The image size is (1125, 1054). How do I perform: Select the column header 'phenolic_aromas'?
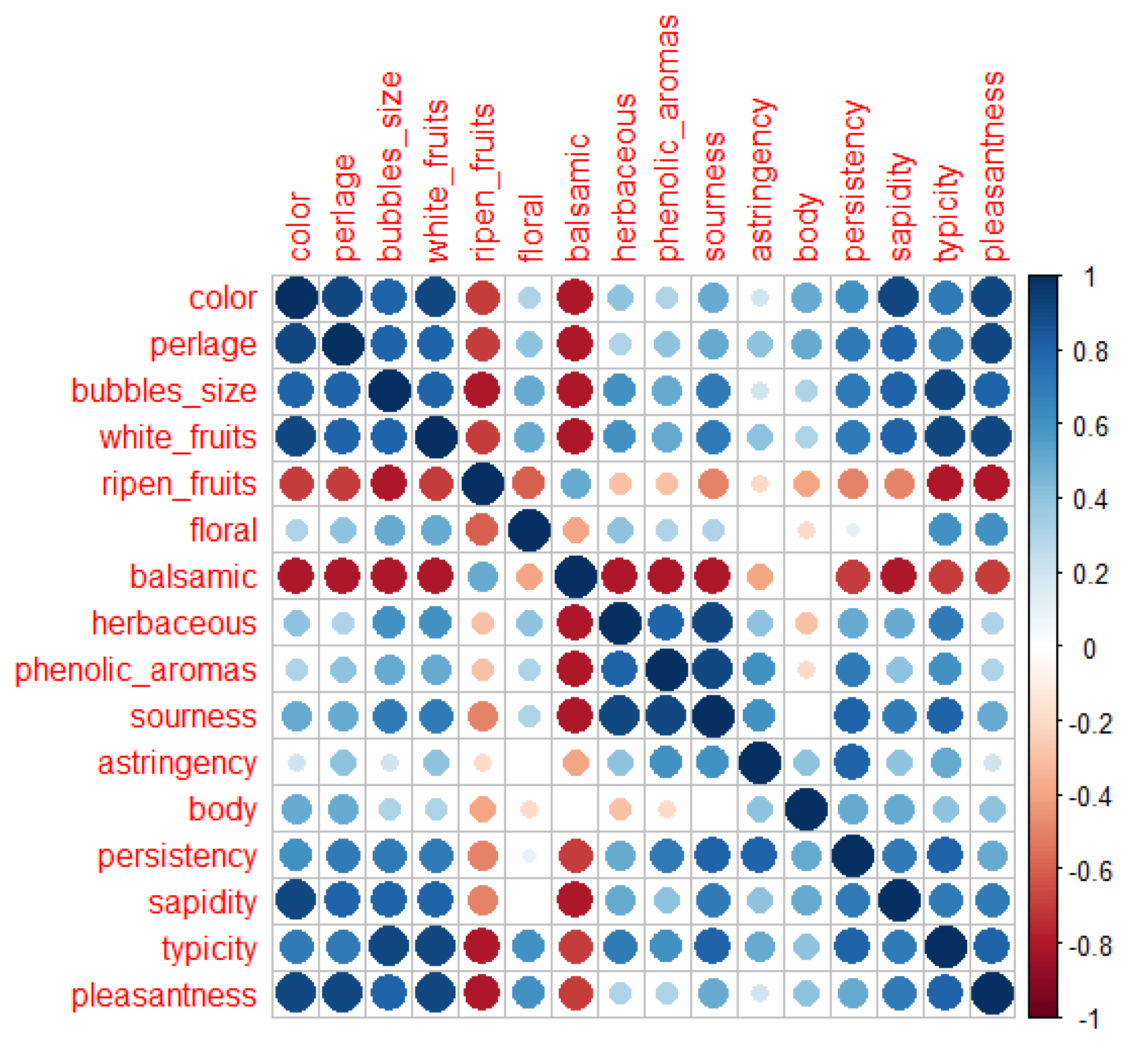tap(668, 139)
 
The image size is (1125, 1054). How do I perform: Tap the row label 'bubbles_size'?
tap(163, 391)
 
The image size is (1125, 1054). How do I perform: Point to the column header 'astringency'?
tap(762, 180)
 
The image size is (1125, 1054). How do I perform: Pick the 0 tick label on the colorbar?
tap(1090, 649)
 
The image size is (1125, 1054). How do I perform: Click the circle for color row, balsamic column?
tap(575, 297)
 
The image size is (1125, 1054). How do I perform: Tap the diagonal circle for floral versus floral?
tap(529, 530)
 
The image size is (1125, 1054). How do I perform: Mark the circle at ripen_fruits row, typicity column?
tap(945, 484)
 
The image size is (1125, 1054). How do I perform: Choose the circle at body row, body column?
tap(806, 810)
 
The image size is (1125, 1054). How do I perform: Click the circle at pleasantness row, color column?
tap(296, 995)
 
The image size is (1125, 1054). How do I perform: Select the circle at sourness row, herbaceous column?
tap(621, 716)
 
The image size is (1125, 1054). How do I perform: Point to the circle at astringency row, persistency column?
tap(853, 763)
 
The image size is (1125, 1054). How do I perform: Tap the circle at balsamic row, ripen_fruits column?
tap(482, 577)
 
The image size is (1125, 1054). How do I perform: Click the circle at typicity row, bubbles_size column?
tap(389, 949)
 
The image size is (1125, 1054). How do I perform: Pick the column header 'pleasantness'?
tap(993, 166)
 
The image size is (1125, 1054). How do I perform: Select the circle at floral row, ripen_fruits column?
tap(482, 530)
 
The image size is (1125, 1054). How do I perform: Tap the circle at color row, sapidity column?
tap(899, 297)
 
